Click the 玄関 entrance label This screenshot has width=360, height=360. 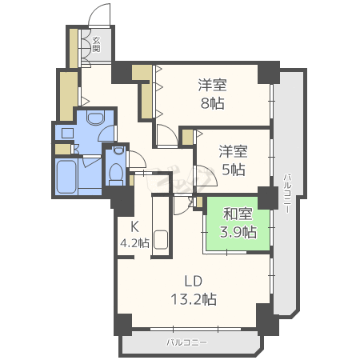(x=96, y=44)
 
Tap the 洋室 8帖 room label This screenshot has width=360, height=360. (x=212, y=94)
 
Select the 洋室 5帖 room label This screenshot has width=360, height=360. (x=233, y=160)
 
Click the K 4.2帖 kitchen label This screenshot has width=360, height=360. (x=133, y=235)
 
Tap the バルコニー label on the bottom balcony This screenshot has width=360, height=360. (x=187, y=342)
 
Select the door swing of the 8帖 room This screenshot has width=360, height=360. (x=166, y=136)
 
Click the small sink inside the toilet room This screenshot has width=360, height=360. (x=118, y=150)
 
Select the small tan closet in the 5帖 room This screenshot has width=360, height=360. (x=187, y=137)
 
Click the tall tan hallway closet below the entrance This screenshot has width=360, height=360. (x=65, y=95)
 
